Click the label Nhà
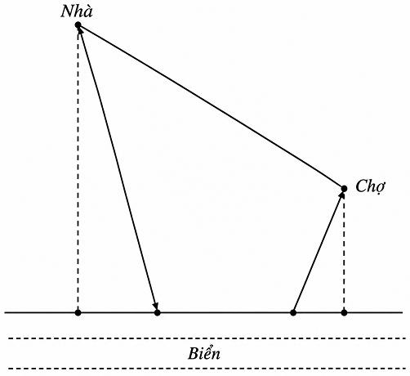point(77,11)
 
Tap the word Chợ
point(371,186)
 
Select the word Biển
point(204,353)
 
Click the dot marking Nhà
point(78,25)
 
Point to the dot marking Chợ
point(344,188)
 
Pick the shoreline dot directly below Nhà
point(78,312)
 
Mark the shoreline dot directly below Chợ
point(344,312)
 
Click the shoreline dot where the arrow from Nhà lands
point(158,312)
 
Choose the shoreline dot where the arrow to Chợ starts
point(293,312)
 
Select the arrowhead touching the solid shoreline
point(155,306)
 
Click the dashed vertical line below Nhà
point(78,169)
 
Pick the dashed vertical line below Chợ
point(344,250)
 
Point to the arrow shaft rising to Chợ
point(318,253)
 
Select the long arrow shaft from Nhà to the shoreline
point(118,169)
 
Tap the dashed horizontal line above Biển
point(207,338)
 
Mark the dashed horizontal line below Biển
point(207,369)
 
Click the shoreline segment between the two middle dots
point(225,312)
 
